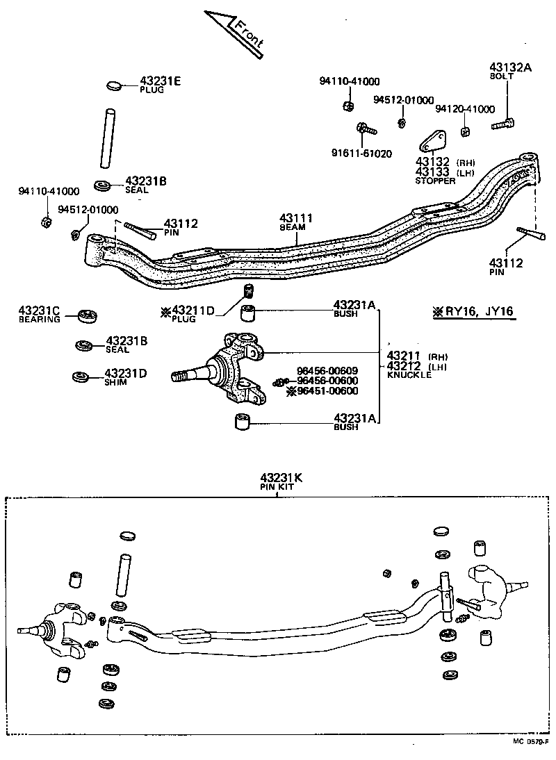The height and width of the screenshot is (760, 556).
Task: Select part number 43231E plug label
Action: point(160,82)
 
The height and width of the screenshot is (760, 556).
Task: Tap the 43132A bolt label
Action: point(511,67)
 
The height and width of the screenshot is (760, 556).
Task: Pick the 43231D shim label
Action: point(125,373)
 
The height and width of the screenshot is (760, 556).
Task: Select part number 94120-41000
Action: point(465,109)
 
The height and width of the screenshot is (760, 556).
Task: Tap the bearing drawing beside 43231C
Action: point(86,316)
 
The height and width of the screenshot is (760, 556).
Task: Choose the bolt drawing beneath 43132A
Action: point(504,125)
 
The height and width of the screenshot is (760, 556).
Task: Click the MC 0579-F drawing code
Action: point(532,741)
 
